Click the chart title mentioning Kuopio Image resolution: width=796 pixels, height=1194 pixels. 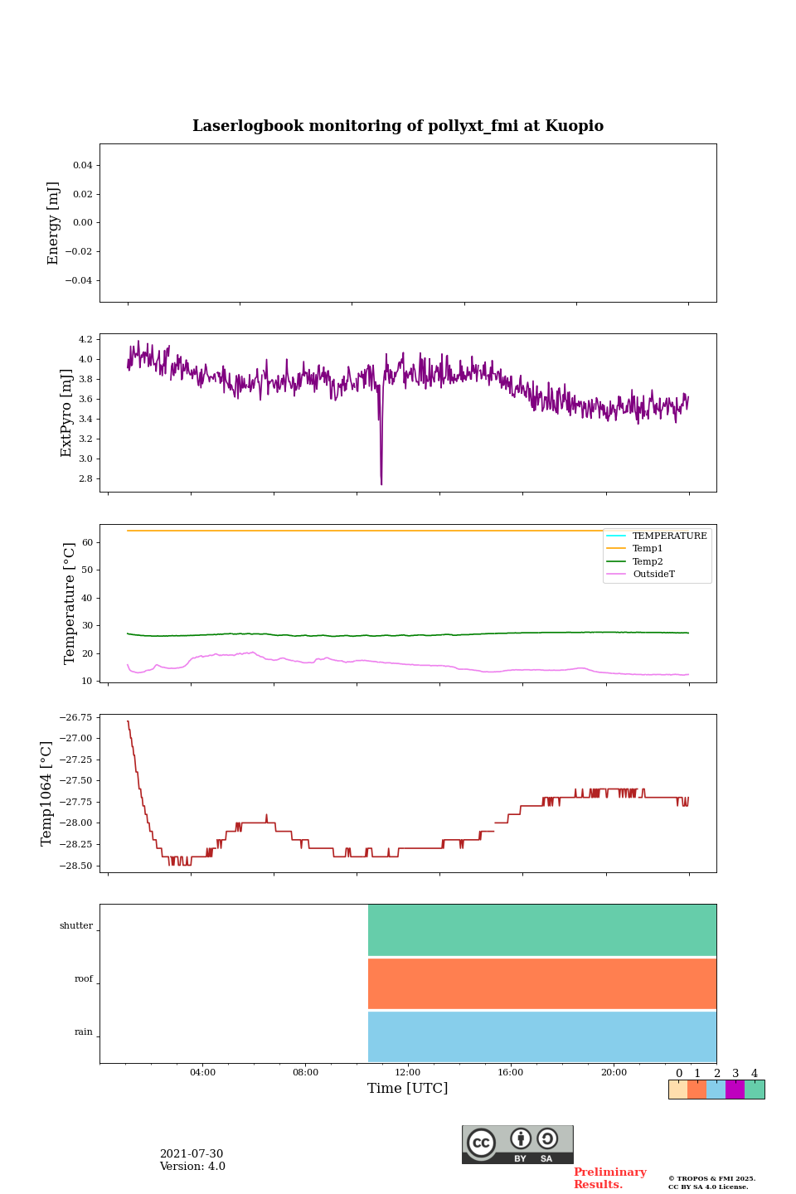[398, 126]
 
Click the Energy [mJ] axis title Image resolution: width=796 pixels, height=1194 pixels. [54, 223]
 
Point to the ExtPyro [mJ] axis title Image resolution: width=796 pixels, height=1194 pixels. [67, 413]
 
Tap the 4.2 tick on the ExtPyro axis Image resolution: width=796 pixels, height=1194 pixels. [85, 340]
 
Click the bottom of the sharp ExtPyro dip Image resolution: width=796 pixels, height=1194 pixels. [381, 483]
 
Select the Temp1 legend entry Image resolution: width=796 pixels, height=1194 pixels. [648, 549]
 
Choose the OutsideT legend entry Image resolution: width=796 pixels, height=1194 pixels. [653, 575]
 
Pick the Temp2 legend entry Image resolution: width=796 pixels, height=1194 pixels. [648, 561]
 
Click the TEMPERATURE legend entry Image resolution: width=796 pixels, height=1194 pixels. [669, 536]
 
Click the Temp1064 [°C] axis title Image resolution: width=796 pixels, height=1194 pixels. [47, 794]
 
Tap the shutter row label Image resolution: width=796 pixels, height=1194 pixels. [76, 926]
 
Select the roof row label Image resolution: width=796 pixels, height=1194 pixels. [84, 979]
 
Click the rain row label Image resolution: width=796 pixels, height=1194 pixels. [84, 1032]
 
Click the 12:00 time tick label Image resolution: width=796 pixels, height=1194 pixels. [408, 1073]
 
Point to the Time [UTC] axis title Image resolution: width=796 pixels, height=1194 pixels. [408, 1089]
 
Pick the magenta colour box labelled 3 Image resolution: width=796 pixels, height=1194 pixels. [735, 1090]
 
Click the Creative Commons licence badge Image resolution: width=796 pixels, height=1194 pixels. [517, 1144]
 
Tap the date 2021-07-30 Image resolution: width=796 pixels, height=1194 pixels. [192, 1154]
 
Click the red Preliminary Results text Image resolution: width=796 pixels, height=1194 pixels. [609, 1178]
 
